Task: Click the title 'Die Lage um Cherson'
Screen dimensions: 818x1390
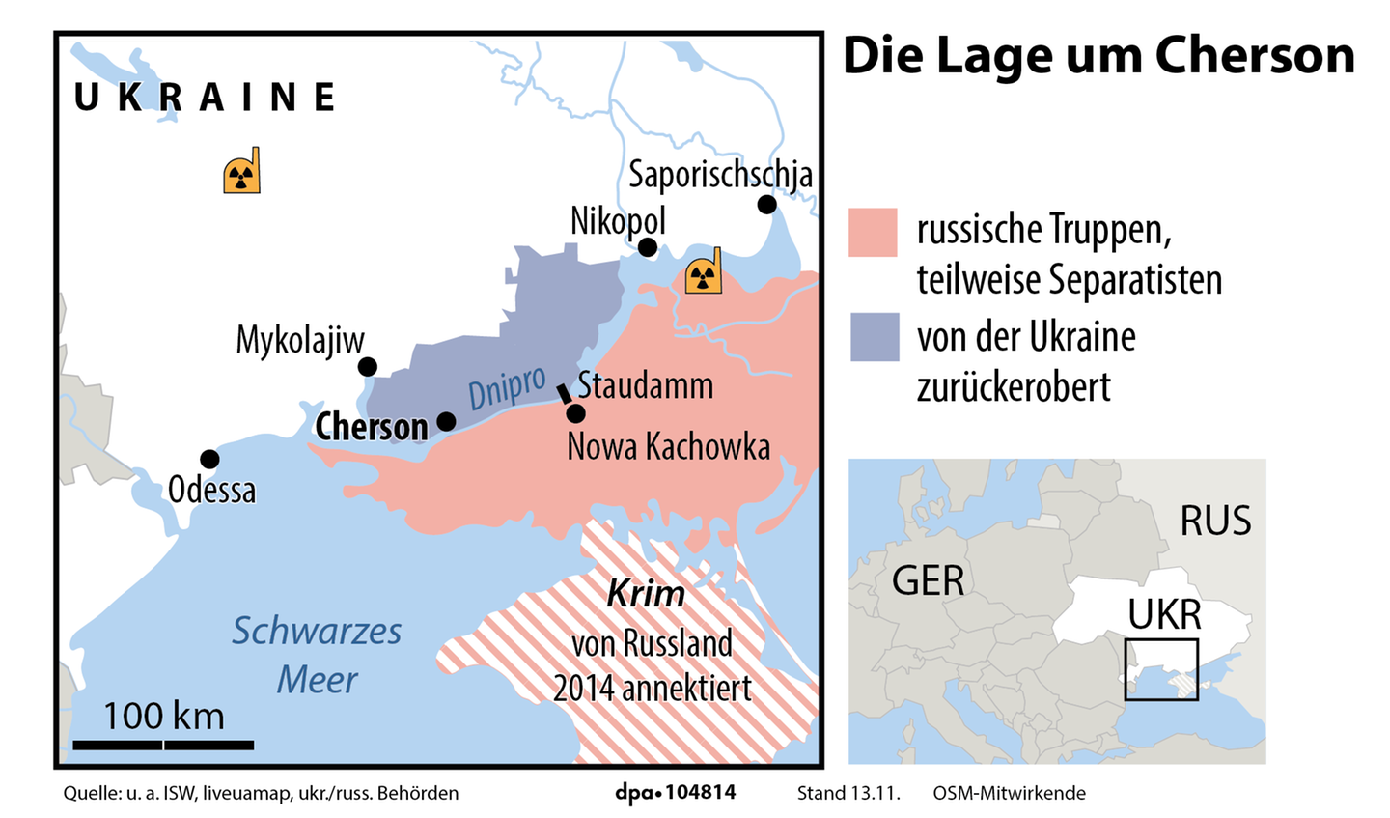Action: (x=1098, y=56)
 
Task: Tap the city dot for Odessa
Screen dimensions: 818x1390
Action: (x=209, y=459)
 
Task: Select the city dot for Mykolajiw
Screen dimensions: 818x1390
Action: (x=368, y=367)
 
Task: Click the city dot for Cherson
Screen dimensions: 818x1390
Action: (x=446, y=421)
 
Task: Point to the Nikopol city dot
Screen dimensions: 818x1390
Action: (x=648, y=247)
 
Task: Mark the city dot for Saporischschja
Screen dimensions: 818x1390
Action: (x=766, y=204)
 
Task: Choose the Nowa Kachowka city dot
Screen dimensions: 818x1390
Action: (x=575, y=413)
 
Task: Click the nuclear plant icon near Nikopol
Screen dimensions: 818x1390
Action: (x=704, y=272)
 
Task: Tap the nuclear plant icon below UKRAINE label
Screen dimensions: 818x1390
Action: (x=242, y=173)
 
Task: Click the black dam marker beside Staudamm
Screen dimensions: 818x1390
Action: (x=564, y=394)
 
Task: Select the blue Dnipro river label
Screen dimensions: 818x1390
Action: (x=507, y=388)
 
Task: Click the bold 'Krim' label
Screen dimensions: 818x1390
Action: (x=646, y=593)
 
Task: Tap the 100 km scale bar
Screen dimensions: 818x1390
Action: (x=163, y=745)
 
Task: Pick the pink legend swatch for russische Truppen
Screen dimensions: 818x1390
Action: (x=873, y=233)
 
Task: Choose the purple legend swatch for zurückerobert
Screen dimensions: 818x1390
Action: (x=875, y=336)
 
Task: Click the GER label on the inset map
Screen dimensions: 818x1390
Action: (x=928, y=580)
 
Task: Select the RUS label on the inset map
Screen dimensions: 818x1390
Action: (x=1215, y=521)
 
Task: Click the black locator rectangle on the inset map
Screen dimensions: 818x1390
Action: (x=1161, y=668)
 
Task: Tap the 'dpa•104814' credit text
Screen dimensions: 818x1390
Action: (x=676, y=793)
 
